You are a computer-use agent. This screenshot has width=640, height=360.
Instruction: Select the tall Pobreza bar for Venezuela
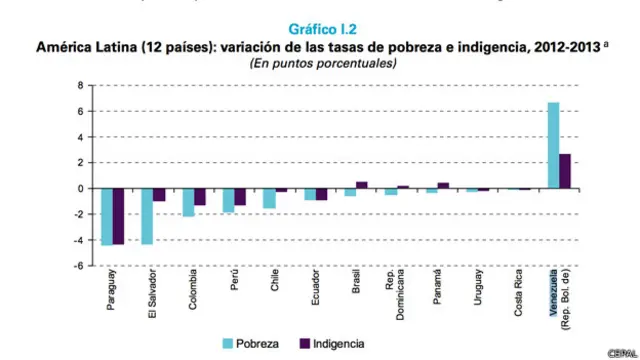[x=553, y=145]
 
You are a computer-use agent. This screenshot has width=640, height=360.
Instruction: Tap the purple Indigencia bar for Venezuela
[x=564, y=171]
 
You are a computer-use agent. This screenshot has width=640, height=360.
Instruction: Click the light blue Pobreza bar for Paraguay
[x=107, y=216]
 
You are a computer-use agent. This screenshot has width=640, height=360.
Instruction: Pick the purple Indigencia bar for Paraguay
[x=119, y=216]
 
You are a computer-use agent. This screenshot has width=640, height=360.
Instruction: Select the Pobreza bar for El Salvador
[x=146, y=216]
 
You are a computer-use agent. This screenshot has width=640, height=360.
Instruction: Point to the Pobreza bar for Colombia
[x=188, y=202]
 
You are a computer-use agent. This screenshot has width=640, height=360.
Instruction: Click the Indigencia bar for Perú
[x=240, y=197]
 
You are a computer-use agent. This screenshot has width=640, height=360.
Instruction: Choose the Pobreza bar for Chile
[x=269, y=198]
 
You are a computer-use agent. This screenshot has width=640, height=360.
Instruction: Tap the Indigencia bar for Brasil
[x=361, y=185]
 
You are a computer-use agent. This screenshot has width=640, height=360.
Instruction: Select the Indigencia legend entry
[x=331, y=343]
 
